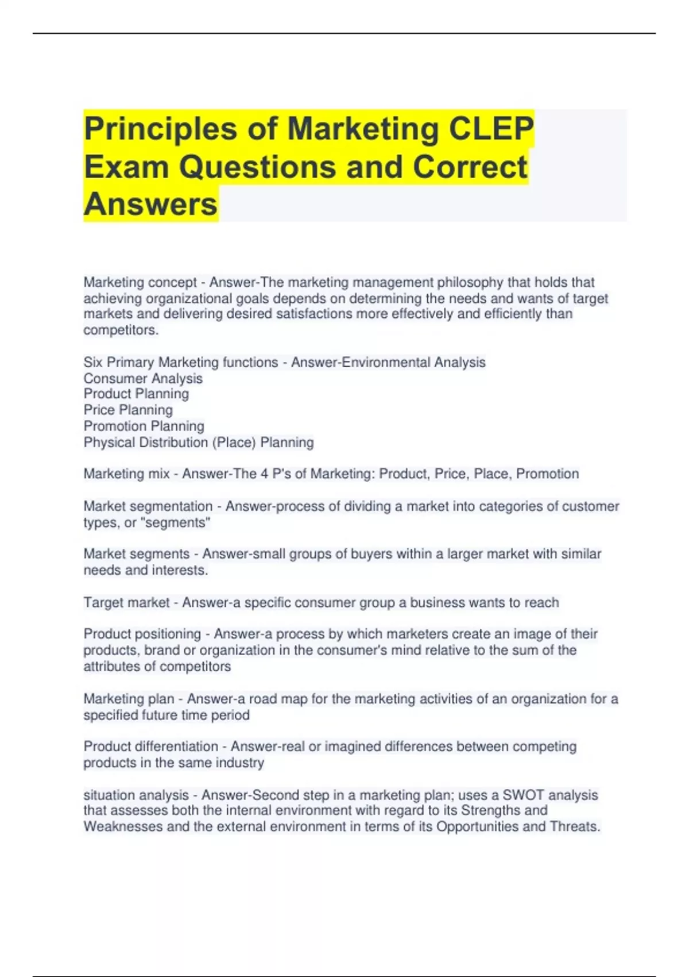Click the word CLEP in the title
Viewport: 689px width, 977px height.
491,128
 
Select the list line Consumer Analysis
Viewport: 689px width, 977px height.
143,379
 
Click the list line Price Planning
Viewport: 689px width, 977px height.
128,410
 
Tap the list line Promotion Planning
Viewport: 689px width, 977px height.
144,426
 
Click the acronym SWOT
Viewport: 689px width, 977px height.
523,795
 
